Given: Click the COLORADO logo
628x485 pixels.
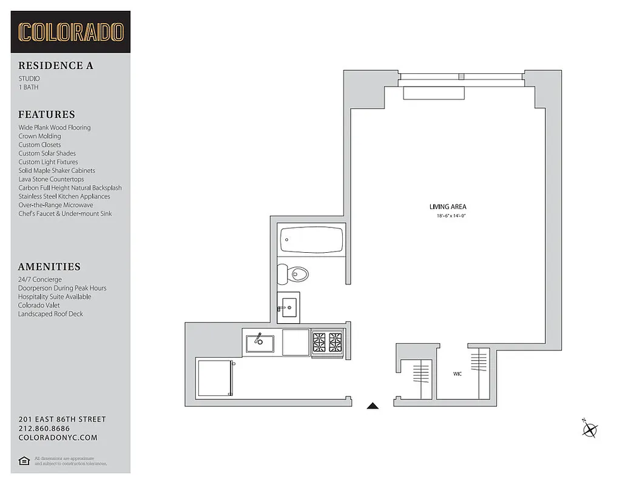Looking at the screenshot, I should (x=70, y=32).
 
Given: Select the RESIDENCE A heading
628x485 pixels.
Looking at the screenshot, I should (x=56, y=65).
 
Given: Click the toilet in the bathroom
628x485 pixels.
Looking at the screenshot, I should (x=294, y=275).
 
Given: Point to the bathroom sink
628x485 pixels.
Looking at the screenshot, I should (x=289, y=307).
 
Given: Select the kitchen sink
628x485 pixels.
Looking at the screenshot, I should (x=260, y=344).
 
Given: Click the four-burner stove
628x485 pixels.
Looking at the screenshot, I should (x=327, y=343).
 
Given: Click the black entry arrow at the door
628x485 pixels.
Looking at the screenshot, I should (x=373, y=406).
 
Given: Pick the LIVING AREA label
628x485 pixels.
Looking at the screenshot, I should (x=448, y=207).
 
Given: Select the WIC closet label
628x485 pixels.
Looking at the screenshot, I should (x=457, y=374).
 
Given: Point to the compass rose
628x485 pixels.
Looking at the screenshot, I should (x=590, y=429).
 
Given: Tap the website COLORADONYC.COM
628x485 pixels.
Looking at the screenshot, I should (x=58, y=438).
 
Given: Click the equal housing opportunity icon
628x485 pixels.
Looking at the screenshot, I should (x=24, y=461).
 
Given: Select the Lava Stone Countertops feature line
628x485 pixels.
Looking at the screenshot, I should (x=51, y=179).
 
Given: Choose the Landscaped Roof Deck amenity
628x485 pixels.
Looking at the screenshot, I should (x=50, y=314).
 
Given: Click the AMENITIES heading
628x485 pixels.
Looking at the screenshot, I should (x=49, y=267).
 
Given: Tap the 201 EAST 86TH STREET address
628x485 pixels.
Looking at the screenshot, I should (x=62, y=420).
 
